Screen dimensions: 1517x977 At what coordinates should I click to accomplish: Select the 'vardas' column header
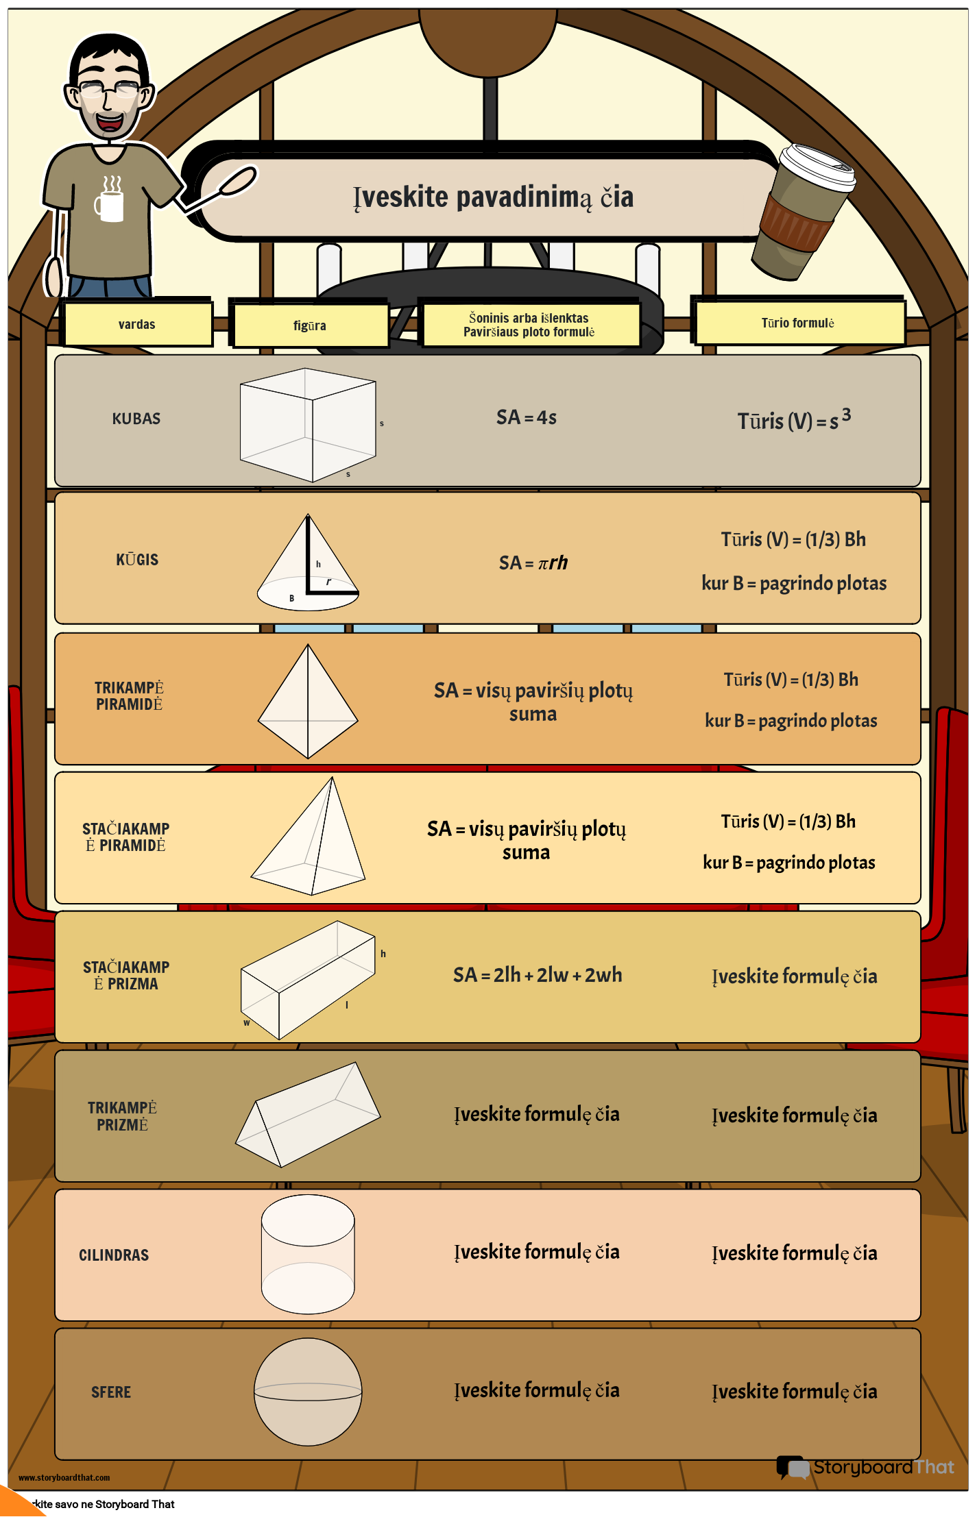[137, 324]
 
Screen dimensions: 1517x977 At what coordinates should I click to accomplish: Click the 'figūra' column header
[310, 325]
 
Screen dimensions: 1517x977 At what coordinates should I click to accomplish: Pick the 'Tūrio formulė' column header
[798, 323]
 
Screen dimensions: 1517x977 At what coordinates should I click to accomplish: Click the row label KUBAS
[136, 419]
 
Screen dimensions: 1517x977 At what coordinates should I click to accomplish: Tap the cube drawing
[308, 425]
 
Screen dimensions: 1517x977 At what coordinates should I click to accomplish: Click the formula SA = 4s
[527, 417]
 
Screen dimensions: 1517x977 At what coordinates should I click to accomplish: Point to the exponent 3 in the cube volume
[847, 415]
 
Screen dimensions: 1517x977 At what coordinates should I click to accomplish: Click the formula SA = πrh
[533, 563]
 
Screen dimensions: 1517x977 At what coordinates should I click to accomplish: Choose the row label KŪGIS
[137, 560]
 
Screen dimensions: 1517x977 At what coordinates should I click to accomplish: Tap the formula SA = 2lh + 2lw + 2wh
[538, 975]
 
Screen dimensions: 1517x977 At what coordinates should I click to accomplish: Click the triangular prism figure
[308, 1115]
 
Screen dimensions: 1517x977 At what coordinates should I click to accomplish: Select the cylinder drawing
[308, 1254]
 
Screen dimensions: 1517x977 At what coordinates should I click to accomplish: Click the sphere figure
[308, 1392]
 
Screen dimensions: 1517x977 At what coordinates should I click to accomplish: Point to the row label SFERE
[111, 1392]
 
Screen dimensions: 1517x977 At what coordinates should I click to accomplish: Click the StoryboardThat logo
[865, 1467]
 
